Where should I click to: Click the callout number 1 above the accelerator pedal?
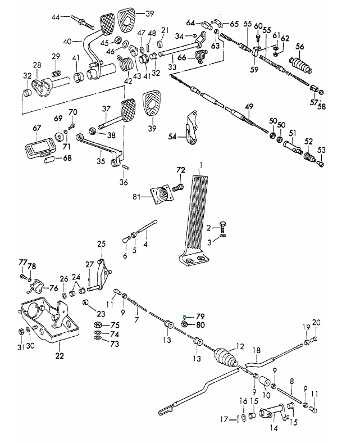[x=199, y=165]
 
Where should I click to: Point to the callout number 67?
[x=37, y=128]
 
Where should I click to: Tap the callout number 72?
[x=180, y=169]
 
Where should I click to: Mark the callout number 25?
[x=101, y=244]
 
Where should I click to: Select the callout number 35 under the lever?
[x=101, y=161]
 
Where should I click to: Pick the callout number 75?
[x=115, y=325]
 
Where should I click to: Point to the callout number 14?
[x=274, y=428]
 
